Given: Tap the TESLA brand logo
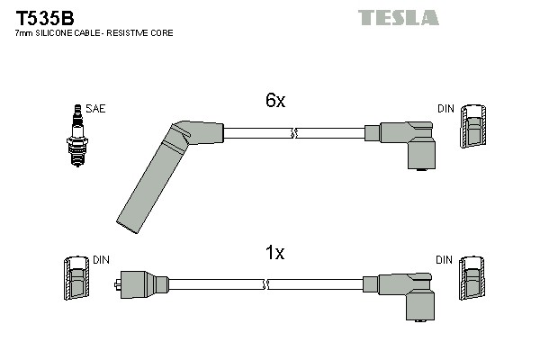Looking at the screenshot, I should (398, 17).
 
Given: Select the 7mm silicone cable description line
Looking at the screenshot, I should (94, 33).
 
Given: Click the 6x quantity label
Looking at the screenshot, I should (275, 102).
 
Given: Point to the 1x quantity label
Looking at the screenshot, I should (275, 253).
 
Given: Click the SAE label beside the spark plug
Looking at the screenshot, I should (96, 108).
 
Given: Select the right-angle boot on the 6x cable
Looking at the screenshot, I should (409, 144).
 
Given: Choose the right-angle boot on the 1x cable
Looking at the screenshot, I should (409, 295).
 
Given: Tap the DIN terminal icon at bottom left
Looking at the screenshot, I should (77, 280).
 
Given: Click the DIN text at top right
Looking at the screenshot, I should (445, 108).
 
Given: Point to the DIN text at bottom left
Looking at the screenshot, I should (102, 259).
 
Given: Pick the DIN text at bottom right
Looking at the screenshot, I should (445, 259).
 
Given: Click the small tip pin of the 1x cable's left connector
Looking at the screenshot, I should (119, 286).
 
